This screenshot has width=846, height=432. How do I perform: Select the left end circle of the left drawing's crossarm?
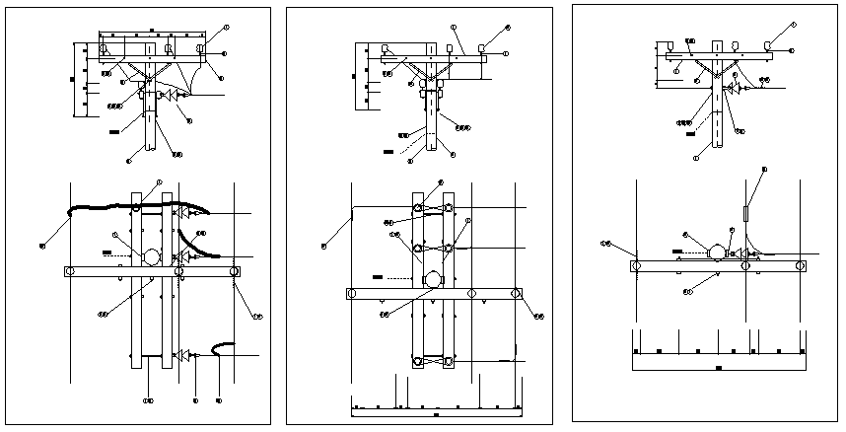70,271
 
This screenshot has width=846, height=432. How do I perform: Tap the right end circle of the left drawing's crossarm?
234,271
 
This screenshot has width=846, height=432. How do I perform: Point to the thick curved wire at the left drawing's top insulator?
99,208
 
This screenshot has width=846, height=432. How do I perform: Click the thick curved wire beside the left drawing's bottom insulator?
222,346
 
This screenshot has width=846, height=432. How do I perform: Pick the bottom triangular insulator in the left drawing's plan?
182,353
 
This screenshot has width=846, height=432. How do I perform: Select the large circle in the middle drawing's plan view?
433,280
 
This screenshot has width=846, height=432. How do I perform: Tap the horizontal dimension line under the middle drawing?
434,407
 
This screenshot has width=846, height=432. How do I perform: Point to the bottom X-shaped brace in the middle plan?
433,362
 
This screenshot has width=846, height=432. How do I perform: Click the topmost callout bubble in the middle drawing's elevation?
507,28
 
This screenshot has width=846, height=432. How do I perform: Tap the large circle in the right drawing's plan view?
716,252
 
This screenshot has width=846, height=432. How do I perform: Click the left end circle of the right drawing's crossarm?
636,265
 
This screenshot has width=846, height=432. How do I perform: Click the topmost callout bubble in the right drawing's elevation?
793,25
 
